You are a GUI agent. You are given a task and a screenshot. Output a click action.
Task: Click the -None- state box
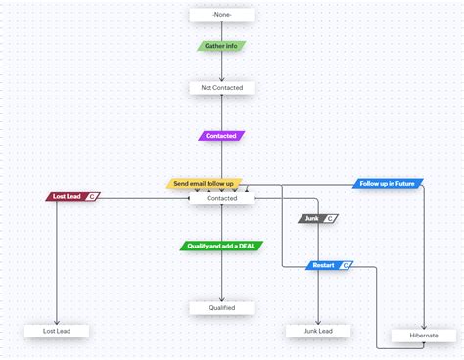pyautogui.click(x=221, y=15)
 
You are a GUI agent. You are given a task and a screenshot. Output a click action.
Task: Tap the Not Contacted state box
pyautogui.click(x=221, y=88)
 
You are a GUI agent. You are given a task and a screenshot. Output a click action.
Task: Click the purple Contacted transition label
pyautogui.click(x=221, y=136)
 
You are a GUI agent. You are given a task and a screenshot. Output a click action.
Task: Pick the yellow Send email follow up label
pyautogui.click(x=207, y=183)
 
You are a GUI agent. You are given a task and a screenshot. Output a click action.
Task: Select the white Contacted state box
pyautogui.click(x=221, y=198)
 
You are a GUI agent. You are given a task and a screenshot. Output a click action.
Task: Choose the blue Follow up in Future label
pyautogui.click(x=388, y=183)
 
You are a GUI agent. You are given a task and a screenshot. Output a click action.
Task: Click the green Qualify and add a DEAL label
pyautogui.click(x=221, y=246)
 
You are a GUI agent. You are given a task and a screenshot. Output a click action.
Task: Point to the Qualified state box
pyautogui.click(x=221, y=308)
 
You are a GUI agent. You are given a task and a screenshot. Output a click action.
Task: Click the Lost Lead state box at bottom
pyautogui.click(x=57, y=331)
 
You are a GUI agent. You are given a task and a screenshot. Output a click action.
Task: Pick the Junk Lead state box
pyautogui.click(x=318, y=331)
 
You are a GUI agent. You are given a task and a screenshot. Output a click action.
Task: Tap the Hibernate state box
pyautogui.click(x=424, y=335)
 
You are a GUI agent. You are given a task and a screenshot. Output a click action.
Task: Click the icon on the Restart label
pyautogui.click(x=345, y=265)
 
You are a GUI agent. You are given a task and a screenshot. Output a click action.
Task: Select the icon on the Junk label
pyautogui.click(x=330, y=218)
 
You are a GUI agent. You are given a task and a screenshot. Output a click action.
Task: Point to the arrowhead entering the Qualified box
pyautogui.click(x=221, y=298)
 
